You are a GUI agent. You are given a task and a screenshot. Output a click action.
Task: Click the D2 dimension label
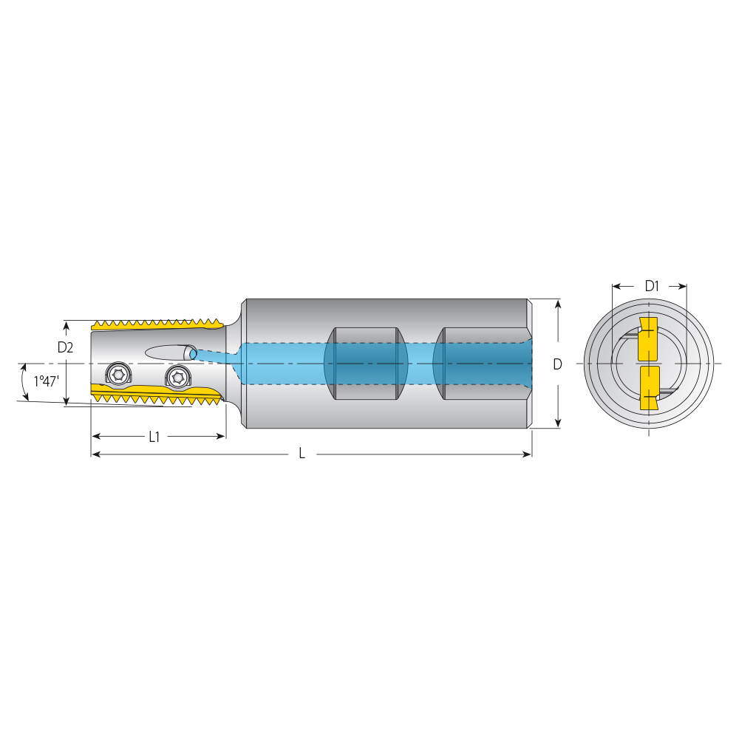click(65, 347)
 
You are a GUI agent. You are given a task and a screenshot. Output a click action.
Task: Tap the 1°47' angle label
click(46, 381)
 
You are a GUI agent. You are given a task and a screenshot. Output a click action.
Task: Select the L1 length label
click(154, 437)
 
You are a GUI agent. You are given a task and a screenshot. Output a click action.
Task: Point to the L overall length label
click(302, 454)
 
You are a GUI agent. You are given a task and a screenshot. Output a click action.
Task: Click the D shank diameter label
click(557, 364)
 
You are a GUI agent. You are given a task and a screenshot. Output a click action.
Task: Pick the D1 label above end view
click(651, 285)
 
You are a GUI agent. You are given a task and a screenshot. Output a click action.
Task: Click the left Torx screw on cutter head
click(117, 375)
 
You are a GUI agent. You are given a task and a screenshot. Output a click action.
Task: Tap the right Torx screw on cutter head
click(177, 377)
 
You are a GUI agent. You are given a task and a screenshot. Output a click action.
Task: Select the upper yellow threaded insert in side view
click(157, 324)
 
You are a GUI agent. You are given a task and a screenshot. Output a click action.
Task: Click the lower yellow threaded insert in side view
click(157, 394)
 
